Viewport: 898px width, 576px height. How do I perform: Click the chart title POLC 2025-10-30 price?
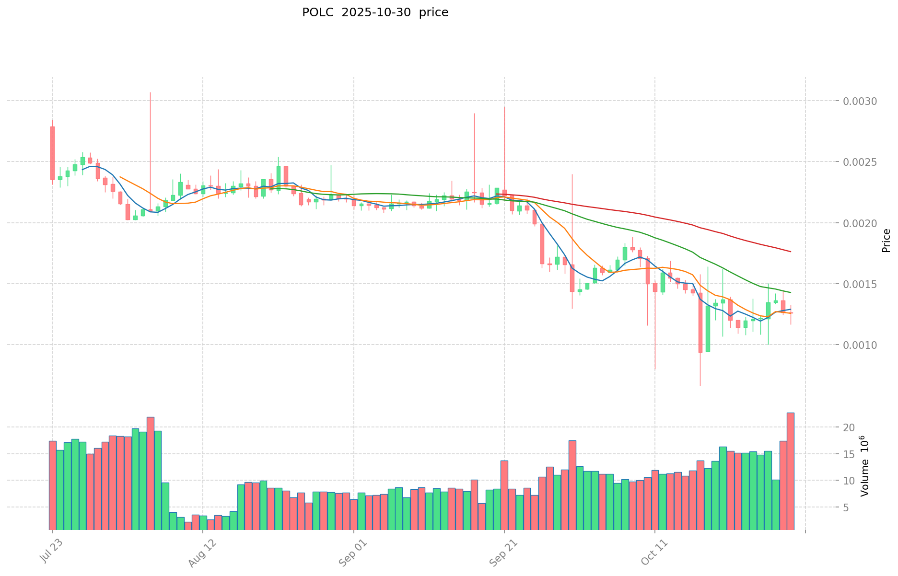[x=375, y=12]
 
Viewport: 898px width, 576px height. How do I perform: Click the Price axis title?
[x=886, y=241]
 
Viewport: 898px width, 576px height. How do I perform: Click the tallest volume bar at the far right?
[x=790, y=471]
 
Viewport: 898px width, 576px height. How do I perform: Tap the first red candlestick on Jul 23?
[x=52, y=153]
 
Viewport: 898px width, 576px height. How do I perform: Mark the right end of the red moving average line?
[x=791, y=252]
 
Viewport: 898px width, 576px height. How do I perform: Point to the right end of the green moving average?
[x=791, y=292]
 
